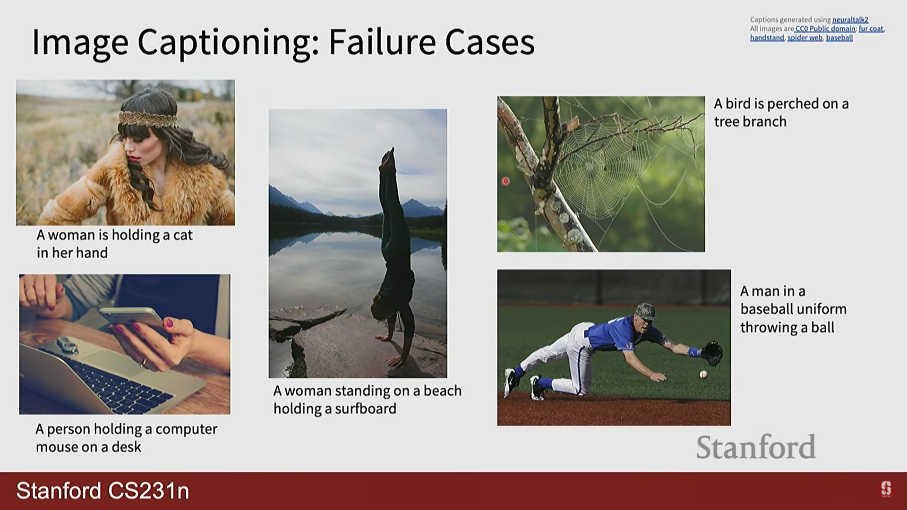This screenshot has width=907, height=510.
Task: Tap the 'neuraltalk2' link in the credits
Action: tap(850, 20)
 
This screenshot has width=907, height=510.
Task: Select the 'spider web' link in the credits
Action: tap(805, 38)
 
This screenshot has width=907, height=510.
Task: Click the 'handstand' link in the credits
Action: tap(767, 38)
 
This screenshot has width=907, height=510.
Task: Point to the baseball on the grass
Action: tap(703, 374)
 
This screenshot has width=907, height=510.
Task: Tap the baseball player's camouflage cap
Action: tap(646, 312)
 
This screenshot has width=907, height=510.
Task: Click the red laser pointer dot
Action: tap(505, 181)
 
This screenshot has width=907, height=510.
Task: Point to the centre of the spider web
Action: tap(590, 167)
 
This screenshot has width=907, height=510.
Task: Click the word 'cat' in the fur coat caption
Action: tap(183, 235)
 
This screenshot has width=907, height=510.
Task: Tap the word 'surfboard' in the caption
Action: tap(366, 409)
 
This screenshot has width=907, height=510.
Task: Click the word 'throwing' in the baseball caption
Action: tap(769, 328)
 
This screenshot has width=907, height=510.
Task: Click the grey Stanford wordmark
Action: tap(756, 447)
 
